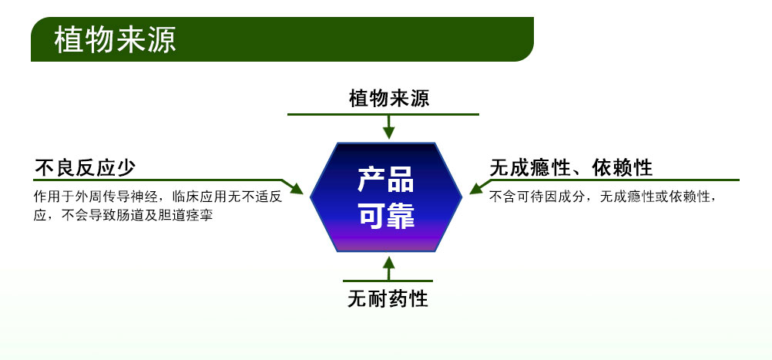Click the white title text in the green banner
pos(115,41)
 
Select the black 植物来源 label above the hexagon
pos(388,99)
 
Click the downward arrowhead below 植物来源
pos(389,131)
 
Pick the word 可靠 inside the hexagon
pos(385,215)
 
